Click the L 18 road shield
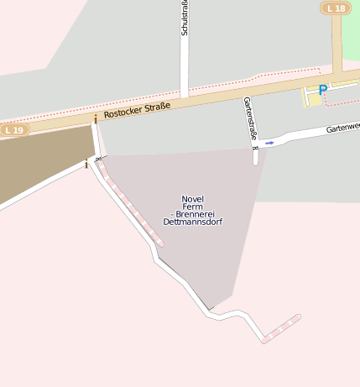tap(336, 8)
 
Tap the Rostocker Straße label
tap(137, 109)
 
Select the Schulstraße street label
tap(185, 18)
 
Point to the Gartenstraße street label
tap(249, 118)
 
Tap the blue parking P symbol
tap(323, 89)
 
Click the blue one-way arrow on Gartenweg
tap(269, 143)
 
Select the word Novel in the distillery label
tap(192, 199)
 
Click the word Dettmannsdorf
tap(192, 222)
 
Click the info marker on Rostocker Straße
tap(96, 120)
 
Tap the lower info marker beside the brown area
tap(86, 164)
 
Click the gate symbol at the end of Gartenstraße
tap(255, 148)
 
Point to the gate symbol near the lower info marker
tap(98, 158)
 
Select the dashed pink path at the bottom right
tap(281, 328)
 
